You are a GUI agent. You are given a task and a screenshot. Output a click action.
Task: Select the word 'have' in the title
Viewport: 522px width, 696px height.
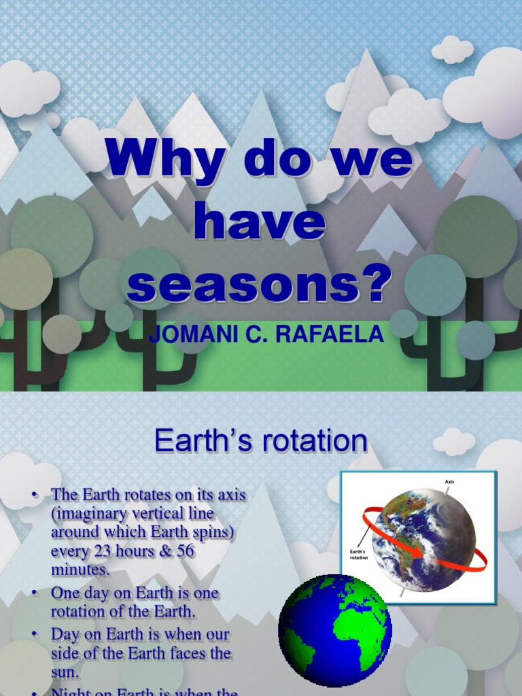259,226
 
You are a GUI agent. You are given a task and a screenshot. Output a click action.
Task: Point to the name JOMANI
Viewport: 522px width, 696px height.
187,335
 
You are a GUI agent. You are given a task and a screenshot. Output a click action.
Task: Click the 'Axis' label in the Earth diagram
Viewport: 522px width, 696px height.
449,482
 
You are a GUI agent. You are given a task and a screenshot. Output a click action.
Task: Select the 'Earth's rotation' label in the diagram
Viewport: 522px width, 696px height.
360,553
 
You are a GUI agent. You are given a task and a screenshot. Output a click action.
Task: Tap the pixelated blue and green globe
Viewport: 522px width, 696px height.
335,631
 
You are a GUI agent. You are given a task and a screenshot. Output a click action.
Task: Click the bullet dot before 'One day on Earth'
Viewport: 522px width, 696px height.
35,593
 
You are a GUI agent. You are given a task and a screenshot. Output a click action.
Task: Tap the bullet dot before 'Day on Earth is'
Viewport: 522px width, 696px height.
35,635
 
